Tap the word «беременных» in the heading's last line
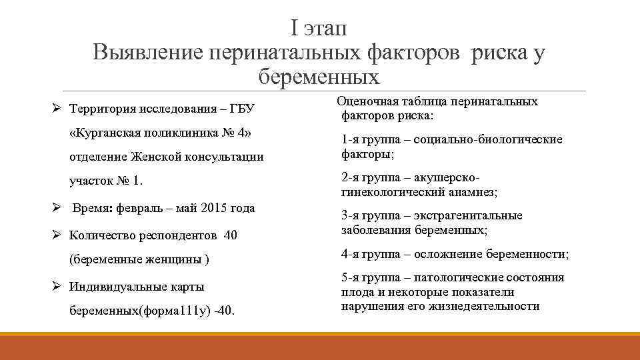tap(319, 77)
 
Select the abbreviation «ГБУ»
tap(243, 108)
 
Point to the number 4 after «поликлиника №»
tap(238, 132)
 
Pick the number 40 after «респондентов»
tap(231, 235)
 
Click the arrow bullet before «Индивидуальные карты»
tap(57, 287)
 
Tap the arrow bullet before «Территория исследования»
tap(57, 108)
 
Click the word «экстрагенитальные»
tap(468, 215)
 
